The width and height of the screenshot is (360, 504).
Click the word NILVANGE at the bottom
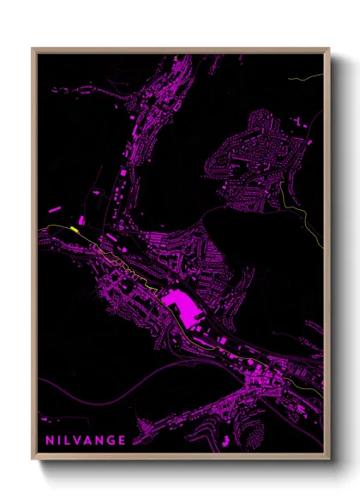point(84,441)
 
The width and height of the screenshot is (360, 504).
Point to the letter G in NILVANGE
point(111,441)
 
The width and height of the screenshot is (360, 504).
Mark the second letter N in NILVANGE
point(99,441)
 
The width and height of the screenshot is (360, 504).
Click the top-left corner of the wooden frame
point(33,49)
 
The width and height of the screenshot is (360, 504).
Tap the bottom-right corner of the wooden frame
point(329,459)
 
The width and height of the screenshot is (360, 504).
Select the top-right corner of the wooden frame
point(329,49)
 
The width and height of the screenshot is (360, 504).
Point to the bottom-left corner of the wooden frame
point(33,459)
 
